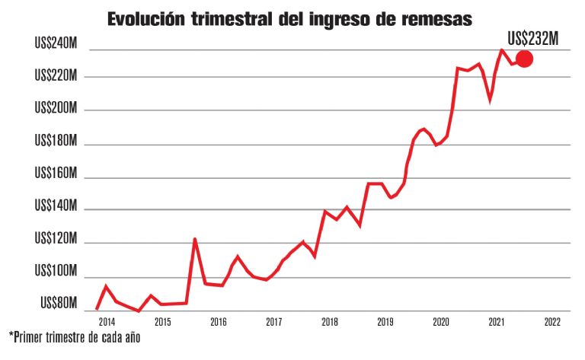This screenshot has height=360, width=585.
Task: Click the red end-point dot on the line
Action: pyautogui.click(x=524, y=59)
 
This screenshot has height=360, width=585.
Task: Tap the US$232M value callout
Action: pyautogui.click(x=533, y=38)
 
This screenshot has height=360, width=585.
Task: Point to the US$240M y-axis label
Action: pyautogui.click(x=56, y=44)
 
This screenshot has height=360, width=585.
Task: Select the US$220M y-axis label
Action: pyautogui.click(x=56, y=76)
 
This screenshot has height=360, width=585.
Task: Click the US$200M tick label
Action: pyautogui.click(x=56, y=109)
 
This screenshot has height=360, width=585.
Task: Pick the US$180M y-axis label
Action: pyautogui.click(x=56, y=142)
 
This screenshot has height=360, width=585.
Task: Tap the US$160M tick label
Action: pyautogui.click(x=56, y=174)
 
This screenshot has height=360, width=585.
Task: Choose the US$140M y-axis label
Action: pyautogui.click(x=56, y=207)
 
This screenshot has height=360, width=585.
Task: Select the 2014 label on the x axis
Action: pyautogui.click(x=106, y=322)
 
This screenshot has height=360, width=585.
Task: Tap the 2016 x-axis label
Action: pyautogui.click(x=218, y=322)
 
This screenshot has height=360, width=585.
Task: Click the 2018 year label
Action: pyautogui.click(x=330, y=322)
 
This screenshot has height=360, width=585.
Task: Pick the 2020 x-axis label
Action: pyautogui.click(x=441, y=322)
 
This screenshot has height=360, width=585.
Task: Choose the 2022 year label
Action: pyautogui.click(x=553, y=322)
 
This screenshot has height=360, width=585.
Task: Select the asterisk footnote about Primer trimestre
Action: pyautogui.click(x=75, y=336)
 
